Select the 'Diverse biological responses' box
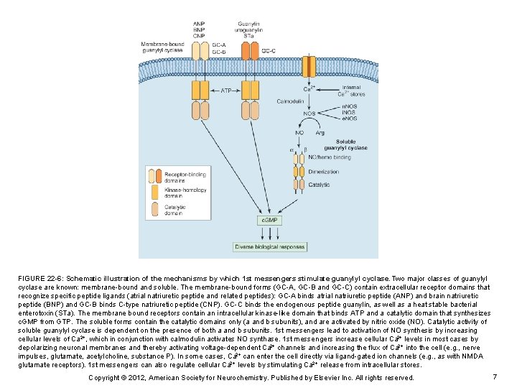[x=270, y=247]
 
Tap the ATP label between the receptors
[x=225, y=91]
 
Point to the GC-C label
[x=269, y=51]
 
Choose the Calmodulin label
[x=290, y=101]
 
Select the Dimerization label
[x=323, y=172]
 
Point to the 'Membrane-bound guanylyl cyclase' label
[x=164, y=47]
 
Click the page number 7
[x=495, y=377]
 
